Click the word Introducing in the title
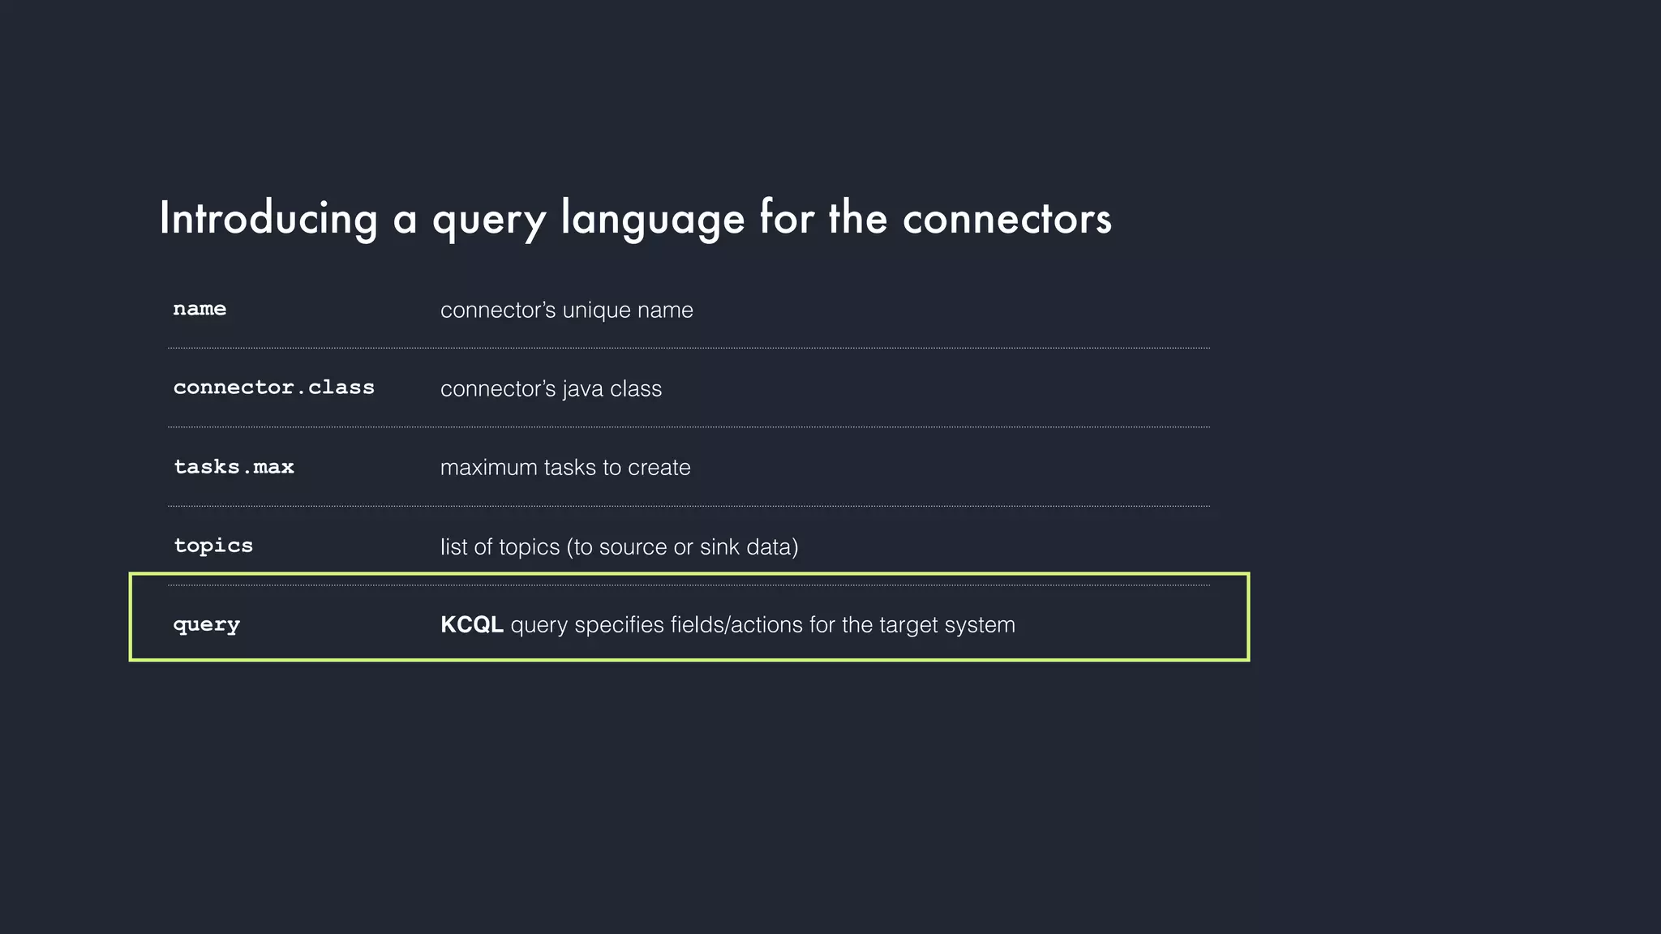click(x=268, y=219)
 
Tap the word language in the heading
click(x=652, y=219)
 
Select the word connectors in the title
click(x=1006, y=219)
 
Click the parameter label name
click(x=200, y=309)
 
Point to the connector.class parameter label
click(x=274, y=388)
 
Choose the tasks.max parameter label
click(x=234, y=467)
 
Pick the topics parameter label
click(x=213, y=546)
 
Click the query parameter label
click(x=207, y=625)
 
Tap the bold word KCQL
click(x=471, y=625)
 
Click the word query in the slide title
click(x=489, y=219)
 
